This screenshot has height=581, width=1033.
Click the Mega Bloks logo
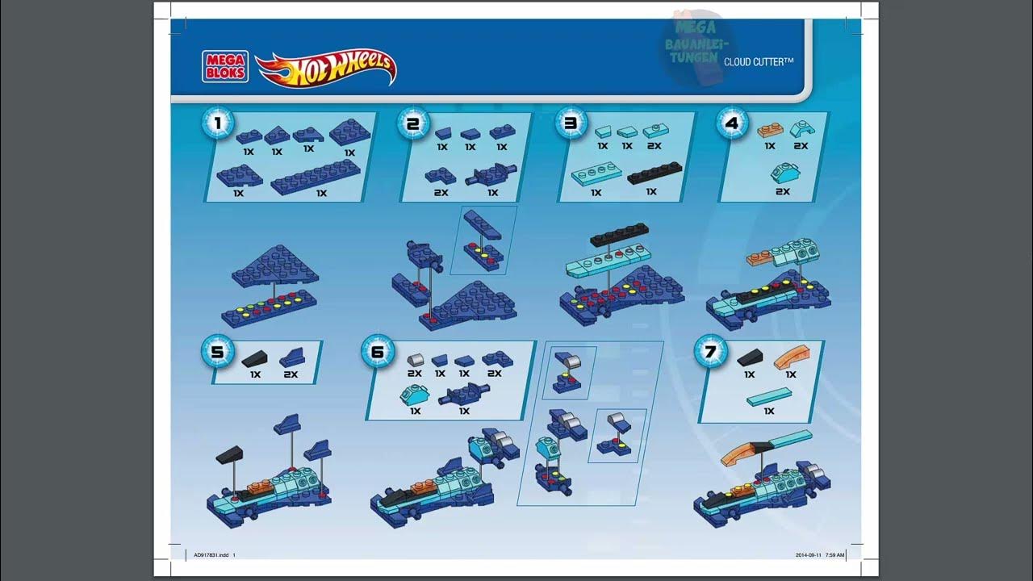point(224,65)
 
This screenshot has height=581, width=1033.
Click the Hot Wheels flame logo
point(326,68)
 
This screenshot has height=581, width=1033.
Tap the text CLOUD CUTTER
point(759,61)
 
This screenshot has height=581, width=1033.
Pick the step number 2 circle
point(413,123)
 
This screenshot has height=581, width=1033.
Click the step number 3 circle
point(571,123)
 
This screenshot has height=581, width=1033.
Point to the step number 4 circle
point(732,123)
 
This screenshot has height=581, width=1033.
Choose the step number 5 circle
point(217,352)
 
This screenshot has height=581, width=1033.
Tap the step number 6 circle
point(378,352)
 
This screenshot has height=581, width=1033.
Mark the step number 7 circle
point(710,352)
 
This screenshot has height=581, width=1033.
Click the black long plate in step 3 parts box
point(655,173)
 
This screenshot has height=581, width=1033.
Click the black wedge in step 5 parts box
point(256,359)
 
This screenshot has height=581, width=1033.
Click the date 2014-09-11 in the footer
point(809,554)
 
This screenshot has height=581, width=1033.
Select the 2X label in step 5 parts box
point(291,374)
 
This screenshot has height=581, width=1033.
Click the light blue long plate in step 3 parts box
point(596,174)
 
